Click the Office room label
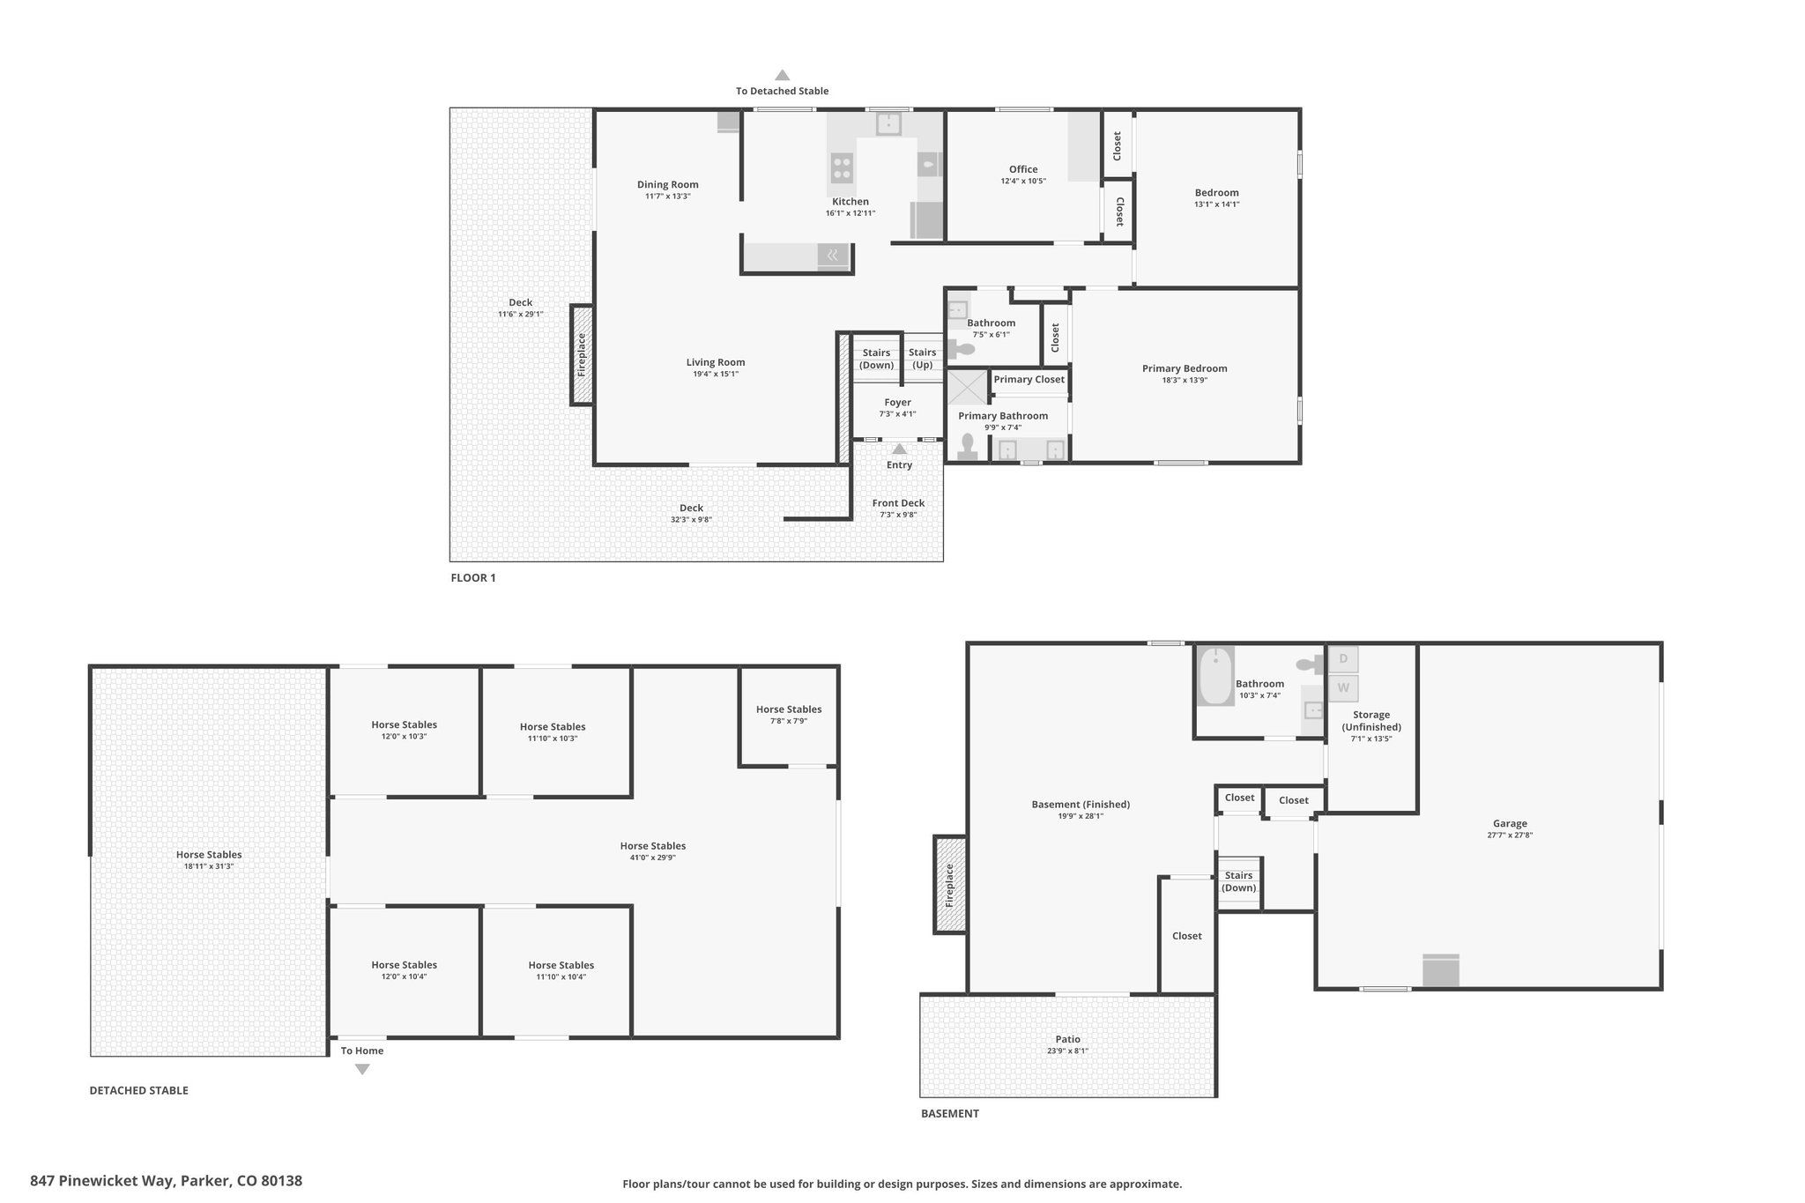point(1022,169)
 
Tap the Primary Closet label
point(1029,380)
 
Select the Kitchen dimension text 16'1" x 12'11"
point(850,213)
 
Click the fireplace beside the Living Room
point(581,354)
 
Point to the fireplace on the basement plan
point(949,885)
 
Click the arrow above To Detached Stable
point(782,76)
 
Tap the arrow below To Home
point(362,1069)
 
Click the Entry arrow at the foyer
point(899,449)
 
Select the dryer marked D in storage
point(1343,659)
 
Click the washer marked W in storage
point(1343,688)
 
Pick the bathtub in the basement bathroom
point(1216,676)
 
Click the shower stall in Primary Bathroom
point(967,388)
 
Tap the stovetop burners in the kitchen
point(842,166)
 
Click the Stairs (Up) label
point(922,359)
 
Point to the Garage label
point(1509,824)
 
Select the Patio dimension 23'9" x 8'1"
point(1067,1051)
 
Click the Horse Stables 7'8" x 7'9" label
point(788,709)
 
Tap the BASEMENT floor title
point(949,1114)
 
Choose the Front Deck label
point(898,503)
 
